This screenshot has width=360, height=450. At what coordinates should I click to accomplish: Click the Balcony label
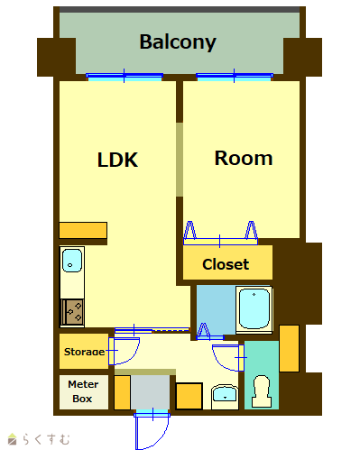tap(178, 42)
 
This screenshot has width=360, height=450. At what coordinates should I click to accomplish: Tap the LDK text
tap(117, 160)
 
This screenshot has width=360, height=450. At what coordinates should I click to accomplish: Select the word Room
tap(244, 158)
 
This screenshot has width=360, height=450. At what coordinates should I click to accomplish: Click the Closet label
tap(226, 264)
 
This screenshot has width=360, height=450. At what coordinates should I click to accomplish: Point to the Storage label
tap(84, 352)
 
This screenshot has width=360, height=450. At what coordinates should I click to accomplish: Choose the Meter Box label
tap(83, 391)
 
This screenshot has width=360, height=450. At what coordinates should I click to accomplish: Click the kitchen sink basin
tap(72, 261)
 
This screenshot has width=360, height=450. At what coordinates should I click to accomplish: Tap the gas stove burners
tap(72, 313)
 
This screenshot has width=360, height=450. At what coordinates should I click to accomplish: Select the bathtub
tap(254, 309)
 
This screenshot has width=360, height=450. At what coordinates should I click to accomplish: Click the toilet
tap(262, 391)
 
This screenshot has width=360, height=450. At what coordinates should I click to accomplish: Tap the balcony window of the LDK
tap(125, 77)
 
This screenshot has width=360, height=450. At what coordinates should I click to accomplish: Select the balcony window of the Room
tap(235, 77)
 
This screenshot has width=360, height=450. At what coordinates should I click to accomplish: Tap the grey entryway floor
tap(150, 392)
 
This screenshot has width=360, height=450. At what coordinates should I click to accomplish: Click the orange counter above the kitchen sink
tap(83, 230)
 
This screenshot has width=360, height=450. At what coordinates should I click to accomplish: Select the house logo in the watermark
tap(13, 439)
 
